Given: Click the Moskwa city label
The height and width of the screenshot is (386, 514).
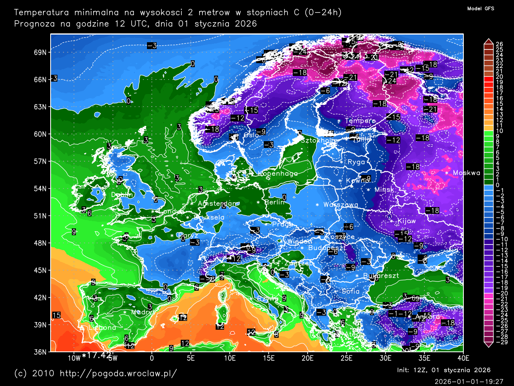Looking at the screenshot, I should [466, 173].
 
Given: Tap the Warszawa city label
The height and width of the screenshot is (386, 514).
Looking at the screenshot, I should [341, 205].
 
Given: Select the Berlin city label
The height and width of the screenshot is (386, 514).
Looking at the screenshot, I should [274, 202].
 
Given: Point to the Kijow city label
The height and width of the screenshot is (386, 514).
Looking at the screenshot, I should [406, 221].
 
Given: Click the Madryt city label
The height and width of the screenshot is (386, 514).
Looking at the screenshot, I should [142, 312].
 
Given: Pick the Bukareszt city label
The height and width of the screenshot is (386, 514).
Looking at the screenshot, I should [381, 276].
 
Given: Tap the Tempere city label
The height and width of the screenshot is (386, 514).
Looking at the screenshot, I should [360, 121].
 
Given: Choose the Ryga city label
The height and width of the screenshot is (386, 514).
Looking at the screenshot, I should [356, 162].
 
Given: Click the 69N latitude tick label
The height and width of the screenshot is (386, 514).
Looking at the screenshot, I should [40, 53].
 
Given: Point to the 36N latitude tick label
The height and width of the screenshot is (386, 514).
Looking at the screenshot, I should [40, 352].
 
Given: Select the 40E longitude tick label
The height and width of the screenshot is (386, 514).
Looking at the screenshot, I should [463, 358].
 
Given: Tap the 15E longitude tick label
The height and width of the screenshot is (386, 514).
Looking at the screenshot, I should [268, 358].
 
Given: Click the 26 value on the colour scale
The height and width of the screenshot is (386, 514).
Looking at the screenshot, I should [499, 44].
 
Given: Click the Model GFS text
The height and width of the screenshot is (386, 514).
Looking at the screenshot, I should [481, 8].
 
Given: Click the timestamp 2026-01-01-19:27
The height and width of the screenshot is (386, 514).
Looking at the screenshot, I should [469, 381].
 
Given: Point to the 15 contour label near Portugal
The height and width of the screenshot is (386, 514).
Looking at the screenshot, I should [57, 315].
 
